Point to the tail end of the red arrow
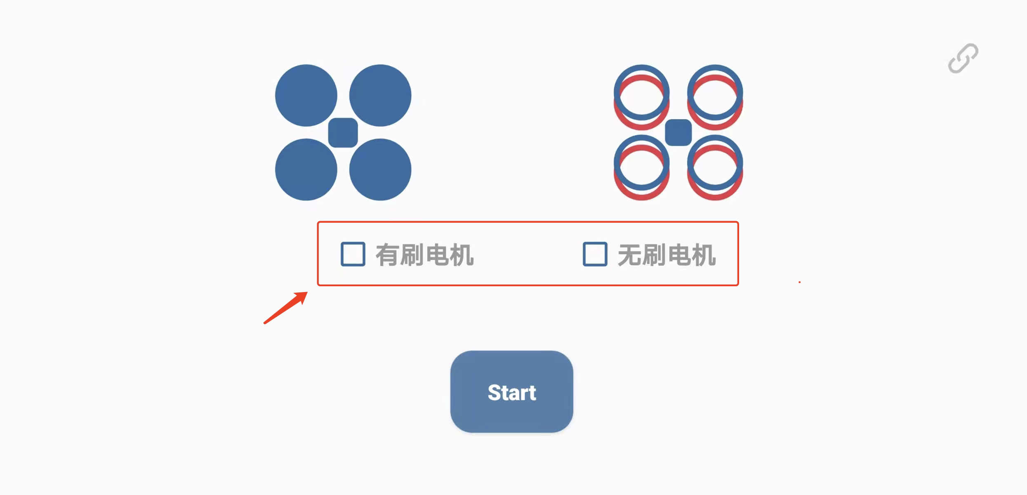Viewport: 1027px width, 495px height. (x=265, y=323)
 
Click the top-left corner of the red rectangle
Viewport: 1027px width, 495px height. (x=318, y=222)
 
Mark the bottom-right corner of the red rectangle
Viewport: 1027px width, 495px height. (x=738, y=285)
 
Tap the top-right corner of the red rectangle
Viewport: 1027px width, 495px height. (x=738, y=222)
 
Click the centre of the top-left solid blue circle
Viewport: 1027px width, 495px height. (x=306, y=95)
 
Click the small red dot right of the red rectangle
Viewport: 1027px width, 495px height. (x=799, y=282)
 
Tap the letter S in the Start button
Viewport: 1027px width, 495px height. (x=495, y=393)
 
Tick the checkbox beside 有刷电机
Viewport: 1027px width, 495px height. (x=353, y=254)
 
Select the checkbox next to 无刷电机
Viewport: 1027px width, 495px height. (x=595, y=254)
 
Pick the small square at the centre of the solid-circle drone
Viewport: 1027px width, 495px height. (x=343, y=133)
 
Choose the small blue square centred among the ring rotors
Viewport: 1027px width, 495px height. (x=678, y=132)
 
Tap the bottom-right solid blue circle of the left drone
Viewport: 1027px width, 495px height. (x=380, y=170)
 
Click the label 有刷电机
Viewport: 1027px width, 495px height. (x=424, y=255)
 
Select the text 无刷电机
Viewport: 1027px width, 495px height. (x=667, y=255)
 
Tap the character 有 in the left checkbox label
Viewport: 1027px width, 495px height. (x=387, y=255)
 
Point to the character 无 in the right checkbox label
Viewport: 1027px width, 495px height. (x=629, y=255)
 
